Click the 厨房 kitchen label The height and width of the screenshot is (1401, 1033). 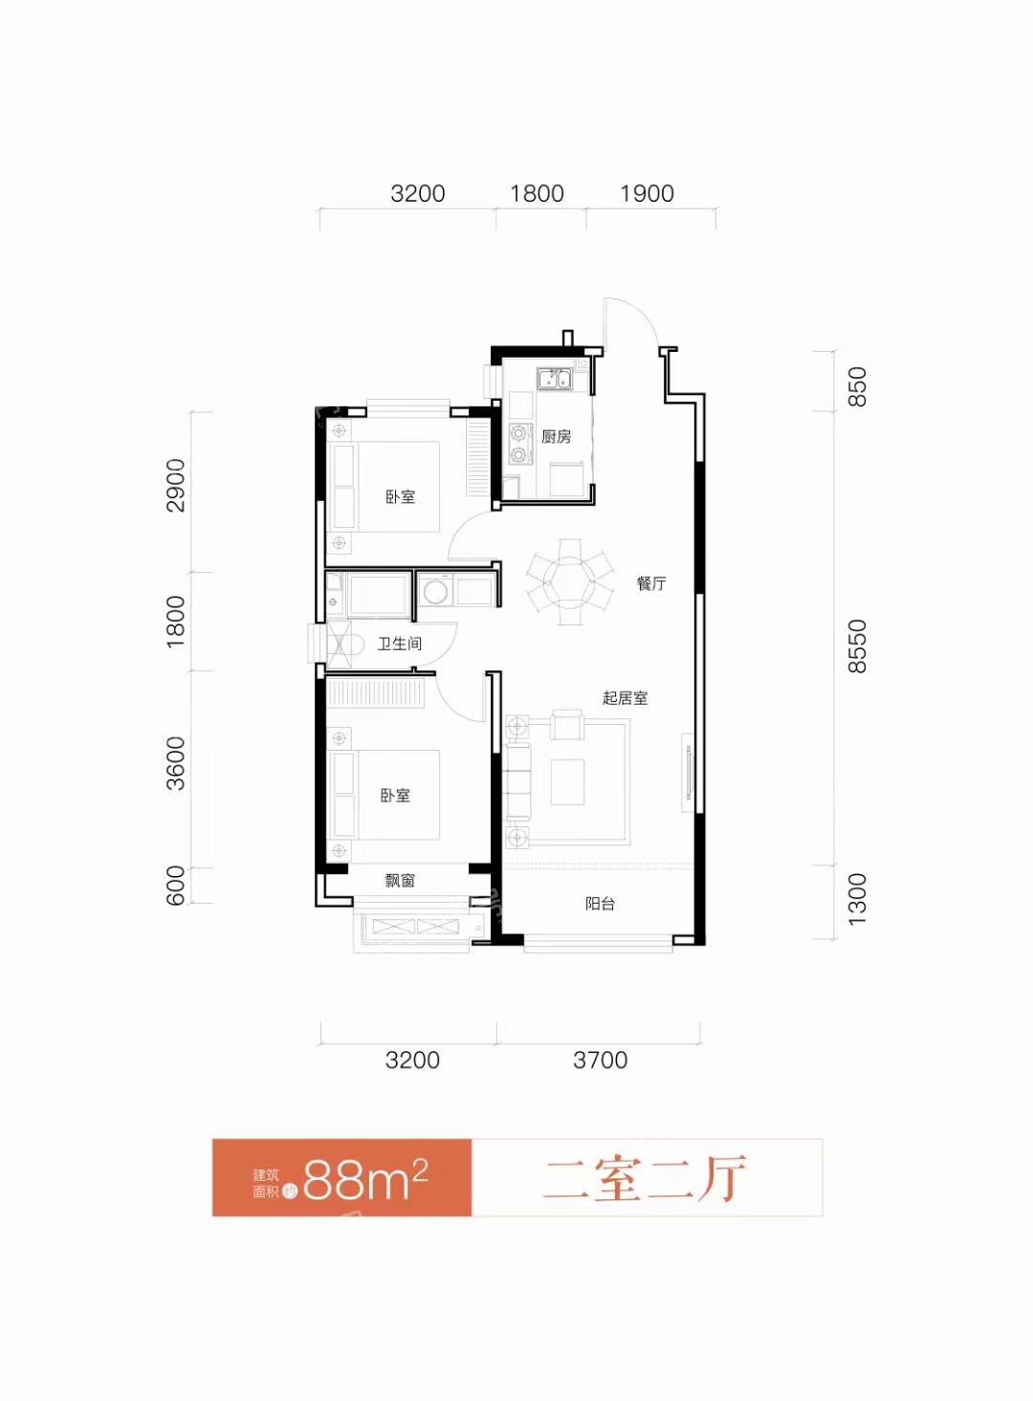pos(556,437)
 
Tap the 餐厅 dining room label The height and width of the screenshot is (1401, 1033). pos(651,584)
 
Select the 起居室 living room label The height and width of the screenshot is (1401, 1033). pos(625,698)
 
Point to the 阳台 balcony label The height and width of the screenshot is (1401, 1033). pos(600,904)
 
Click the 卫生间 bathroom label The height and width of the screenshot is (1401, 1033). pos(399,644)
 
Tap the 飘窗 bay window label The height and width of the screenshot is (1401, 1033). pos(400,881)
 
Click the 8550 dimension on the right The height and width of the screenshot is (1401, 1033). pos(857,646)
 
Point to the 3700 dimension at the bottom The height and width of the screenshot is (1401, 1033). pos(600,1061)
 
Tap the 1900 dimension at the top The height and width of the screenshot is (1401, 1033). pos(647,193)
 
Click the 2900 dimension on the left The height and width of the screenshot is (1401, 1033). pos(176,486)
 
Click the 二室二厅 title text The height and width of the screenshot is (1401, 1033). pos(645,1178)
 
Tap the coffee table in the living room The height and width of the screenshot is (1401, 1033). pos(567,782)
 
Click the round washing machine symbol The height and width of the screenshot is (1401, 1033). pos(433,590)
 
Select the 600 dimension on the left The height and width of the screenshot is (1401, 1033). pos(176,885)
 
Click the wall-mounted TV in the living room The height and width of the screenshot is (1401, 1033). pos(688,772)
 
